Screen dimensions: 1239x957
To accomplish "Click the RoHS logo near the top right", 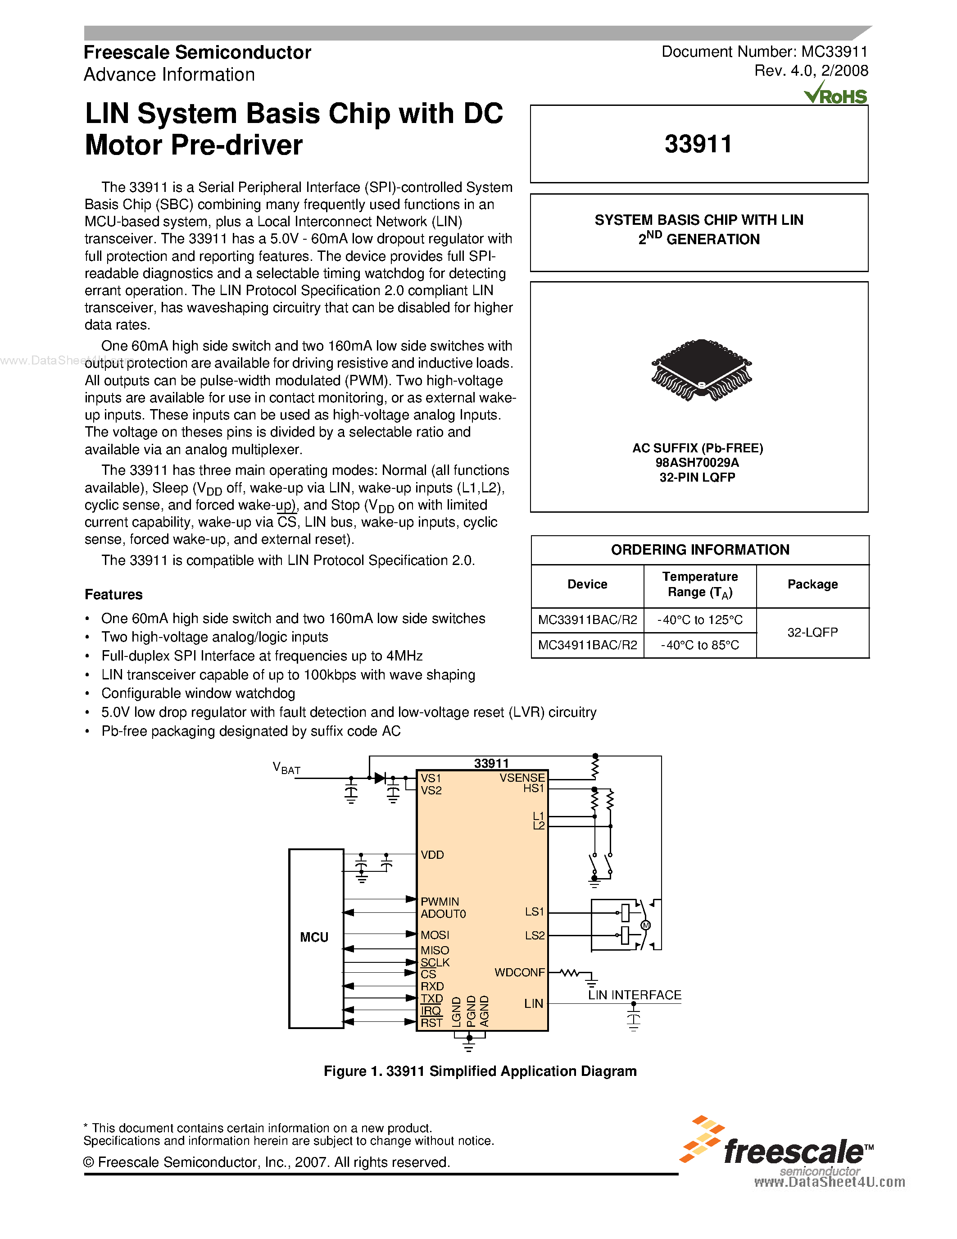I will coord(836,94).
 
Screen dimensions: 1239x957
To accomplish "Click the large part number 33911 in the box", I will coord(698,144).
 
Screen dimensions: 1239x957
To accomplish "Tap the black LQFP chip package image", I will coord(701,370).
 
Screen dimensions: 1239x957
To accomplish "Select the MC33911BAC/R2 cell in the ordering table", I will coord(587,619).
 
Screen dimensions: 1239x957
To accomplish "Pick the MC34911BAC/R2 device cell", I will coord(587,645).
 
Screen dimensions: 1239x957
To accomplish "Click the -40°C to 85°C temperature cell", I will coord(699,645).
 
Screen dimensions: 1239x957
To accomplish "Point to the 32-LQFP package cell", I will coord(812,632).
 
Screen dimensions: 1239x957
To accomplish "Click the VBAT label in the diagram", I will coord(286,768).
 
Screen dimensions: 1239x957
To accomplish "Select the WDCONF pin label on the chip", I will coord(519,972).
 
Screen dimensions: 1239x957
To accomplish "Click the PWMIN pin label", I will coord(440,902).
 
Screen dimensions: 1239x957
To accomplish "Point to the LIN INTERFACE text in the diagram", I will coord(635,995).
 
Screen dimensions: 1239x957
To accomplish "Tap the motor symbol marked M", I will coord(645,926).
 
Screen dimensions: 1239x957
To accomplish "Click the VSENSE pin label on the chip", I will coord(522,778).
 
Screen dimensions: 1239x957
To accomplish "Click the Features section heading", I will coord(113,595).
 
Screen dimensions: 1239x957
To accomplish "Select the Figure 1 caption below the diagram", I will coord(480,1071).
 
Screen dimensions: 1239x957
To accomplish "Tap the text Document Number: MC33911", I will coord(764,52).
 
